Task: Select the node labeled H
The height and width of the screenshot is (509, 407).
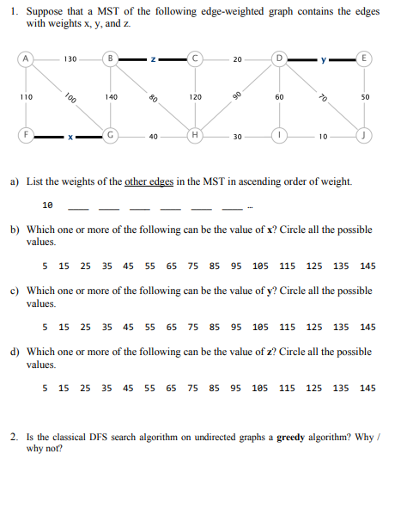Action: pyautogui.click(x=196, y=136)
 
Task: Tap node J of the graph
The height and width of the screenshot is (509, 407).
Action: pyautogui.click(x=366, y=136)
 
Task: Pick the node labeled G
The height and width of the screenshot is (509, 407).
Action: pyautogui.click(x=111, y=136)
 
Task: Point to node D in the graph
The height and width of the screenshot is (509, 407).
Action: pyautogui.click(x=280, y=59)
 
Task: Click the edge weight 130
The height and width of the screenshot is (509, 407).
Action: pyautogui.click(x=69, y=59)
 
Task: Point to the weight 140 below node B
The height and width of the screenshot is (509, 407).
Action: pyautogui.click(x=111, y=97)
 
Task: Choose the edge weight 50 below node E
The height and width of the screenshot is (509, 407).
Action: pyautogui.click(x=366, y=97)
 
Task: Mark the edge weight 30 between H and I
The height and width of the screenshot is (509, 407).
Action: pyautogui.click(x=237, y=136)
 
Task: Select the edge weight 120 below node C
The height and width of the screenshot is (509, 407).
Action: pyautogui.click(x=196, y=97)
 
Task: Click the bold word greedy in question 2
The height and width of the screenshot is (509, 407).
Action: pyautogui.click(x=292, y=437)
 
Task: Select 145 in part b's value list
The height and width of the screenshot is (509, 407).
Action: pyautogui.click(x=368, y=266)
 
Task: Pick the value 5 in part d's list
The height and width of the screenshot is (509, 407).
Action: pyautogui.click(x=46, y=388)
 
